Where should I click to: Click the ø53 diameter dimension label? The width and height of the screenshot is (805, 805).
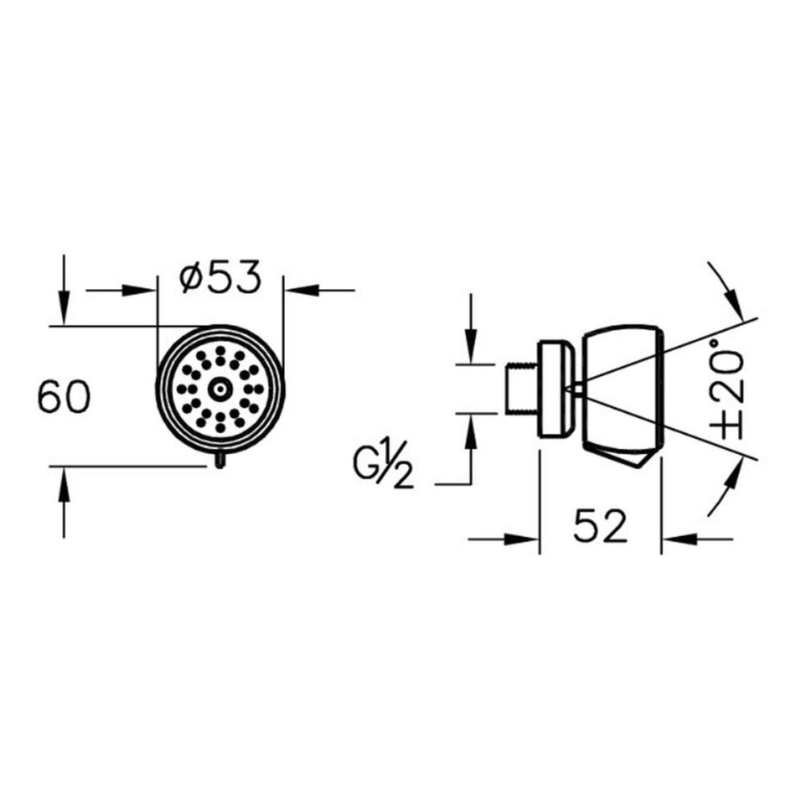click(x=221, y=278)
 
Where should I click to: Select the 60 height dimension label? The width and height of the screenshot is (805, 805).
click(x=64, y=396)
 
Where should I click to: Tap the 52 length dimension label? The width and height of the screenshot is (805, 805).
click(x=601, y=526)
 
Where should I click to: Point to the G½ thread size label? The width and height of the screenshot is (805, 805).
click(x=382, y=469)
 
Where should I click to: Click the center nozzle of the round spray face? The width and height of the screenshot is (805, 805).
click(x=220, y=390)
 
